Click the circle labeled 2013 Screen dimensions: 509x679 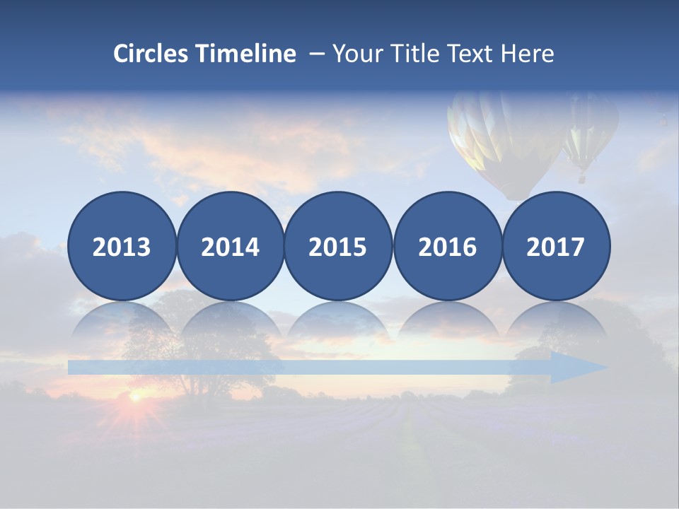[x=122, y=246]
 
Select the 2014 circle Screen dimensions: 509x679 [x=230, y=246]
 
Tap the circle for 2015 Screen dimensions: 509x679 [x=338, y=246]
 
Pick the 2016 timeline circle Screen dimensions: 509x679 [x=448, y=246]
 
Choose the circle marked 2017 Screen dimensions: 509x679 [x=556, y=246]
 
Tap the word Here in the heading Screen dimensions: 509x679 [x=528, y=54]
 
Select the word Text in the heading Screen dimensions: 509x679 [x=473, y=54]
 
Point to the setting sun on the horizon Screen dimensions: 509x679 [x=135, y=397]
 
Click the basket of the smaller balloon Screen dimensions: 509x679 [x=581, y=179]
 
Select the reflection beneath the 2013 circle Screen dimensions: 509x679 [x=122, y=322]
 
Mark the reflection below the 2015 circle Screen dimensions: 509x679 [x=338, y=322]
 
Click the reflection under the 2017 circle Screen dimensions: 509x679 [x=556, y=322]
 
